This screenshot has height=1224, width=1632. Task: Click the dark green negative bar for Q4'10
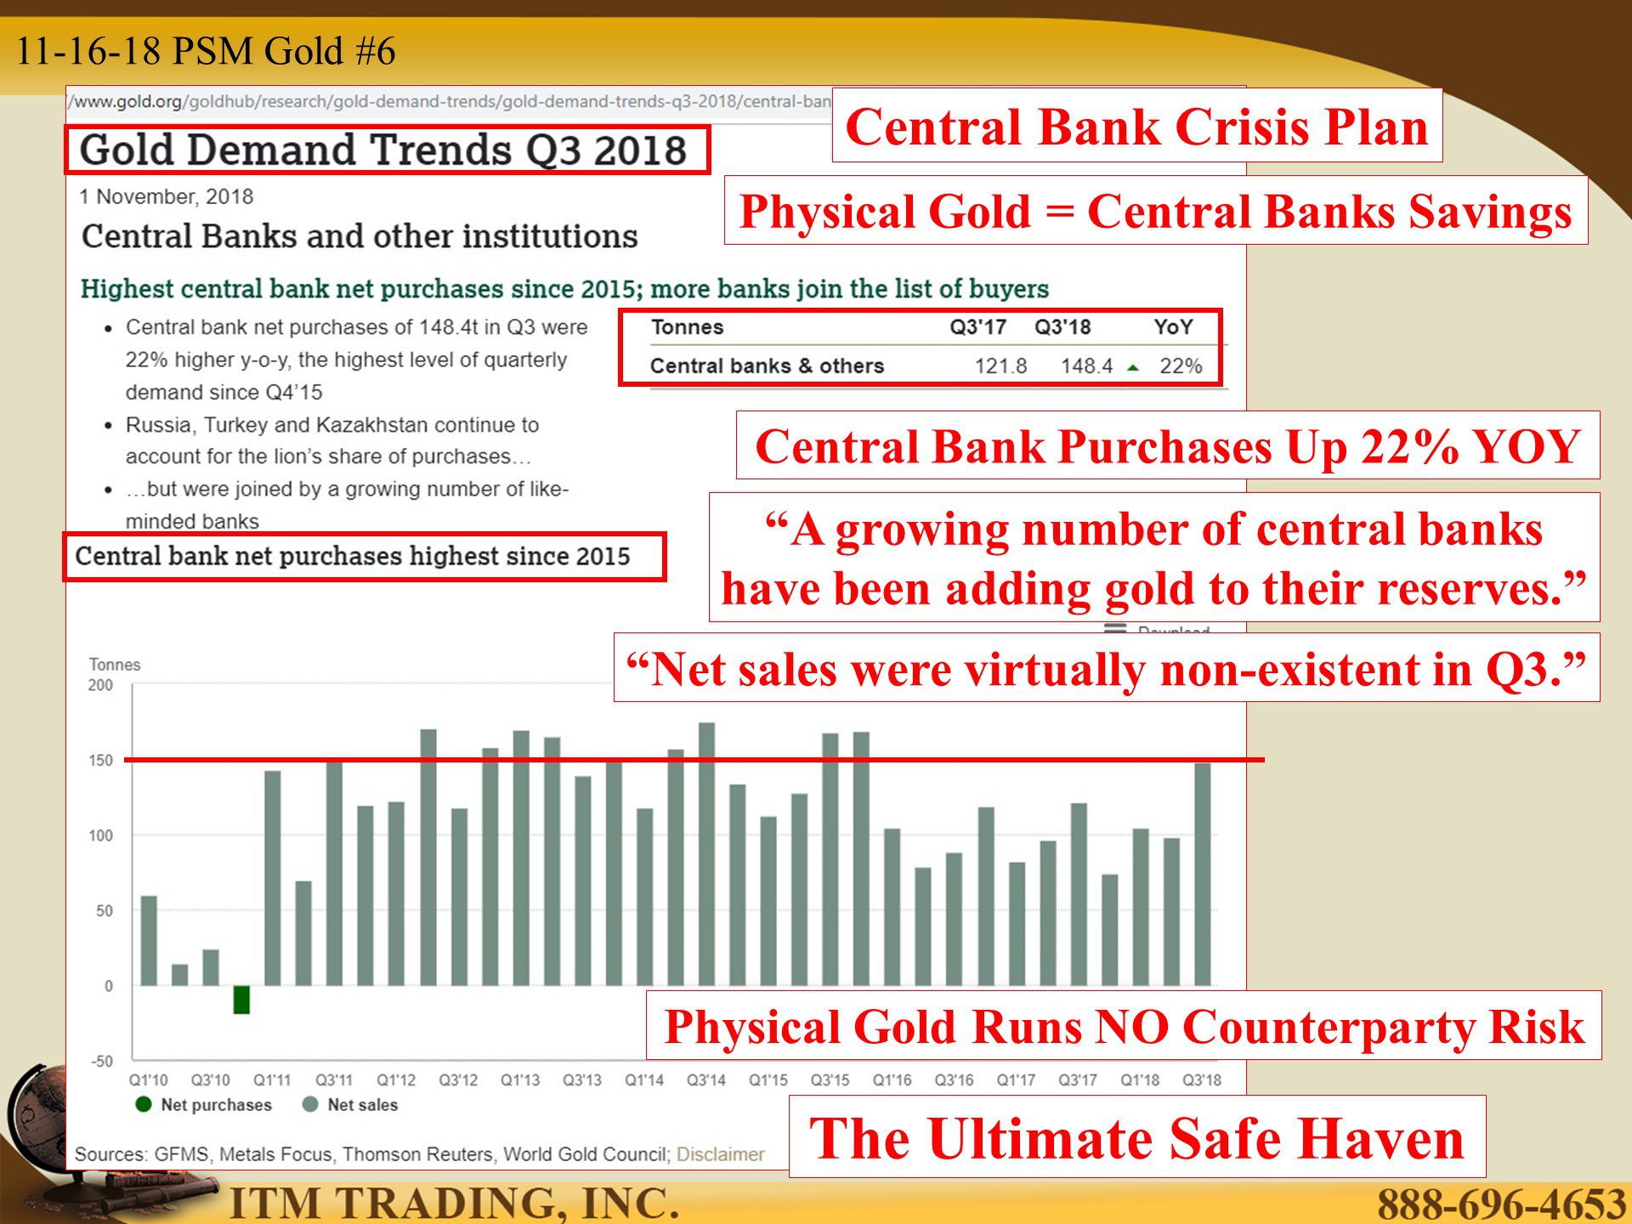[241, 1000]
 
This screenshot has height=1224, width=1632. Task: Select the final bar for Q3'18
[1203, 875]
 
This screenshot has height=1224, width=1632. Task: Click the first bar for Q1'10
[149, 941]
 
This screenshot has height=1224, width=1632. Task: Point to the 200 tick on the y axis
[100, 685]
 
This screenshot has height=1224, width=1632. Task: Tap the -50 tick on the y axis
[102, 1061]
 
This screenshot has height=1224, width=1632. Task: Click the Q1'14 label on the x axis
[644, 1079]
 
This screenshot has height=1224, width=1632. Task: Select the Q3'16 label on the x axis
[954, 1079]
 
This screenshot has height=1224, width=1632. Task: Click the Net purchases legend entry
[203, 1104]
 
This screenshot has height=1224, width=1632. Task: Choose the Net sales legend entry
[350, 1104]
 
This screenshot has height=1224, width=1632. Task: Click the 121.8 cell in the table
[1000, 365]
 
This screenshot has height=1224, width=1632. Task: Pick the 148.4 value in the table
[1086, 365]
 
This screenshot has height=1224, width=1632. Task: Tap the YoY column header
[1173, 327]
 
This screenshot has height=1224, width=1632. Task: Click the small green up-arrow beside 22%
[1133, 367]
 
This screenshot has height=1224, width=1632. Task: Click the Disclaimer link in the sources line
[721, 1154]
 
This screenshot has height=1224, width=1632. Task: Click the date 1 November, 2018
[167, 196]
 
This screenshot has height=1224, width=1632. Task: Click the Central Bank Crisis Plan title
[1136, 127]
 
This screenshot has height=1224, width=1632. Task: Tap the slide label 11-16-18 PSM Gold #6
[206, 51]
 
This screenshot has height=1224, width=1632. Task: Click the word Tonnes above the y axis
[115, 665]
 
